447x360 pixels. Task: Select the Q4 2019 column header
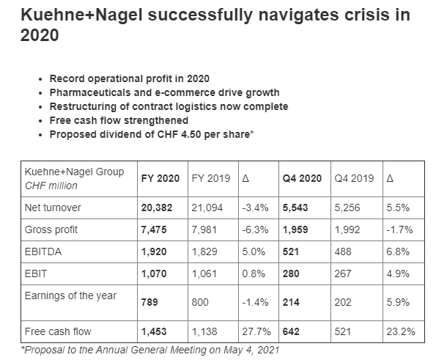[354, 178]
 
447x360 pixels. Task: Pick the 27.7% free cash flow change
[254, 331]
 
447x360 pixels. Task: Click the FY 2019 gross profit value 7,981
[205, 229]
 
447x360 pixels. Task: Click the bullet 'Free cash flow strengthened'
[119, 120]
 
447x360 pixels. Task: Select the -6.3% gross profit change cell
[255, 229]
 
